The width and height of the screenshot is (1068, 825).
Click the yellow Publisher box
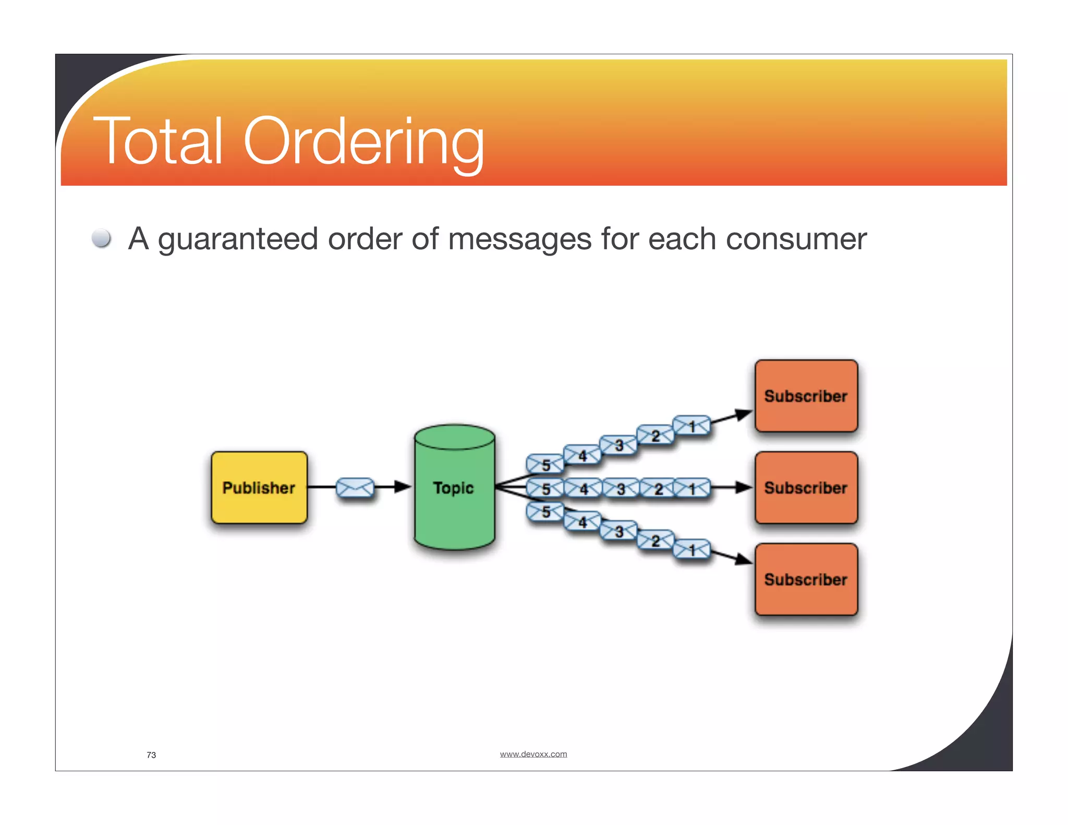click(259, 488)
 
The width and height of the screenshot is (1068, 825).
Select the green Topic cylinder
click(454, 488)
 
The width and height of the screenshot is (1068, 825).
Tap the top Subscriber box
click(806, 396)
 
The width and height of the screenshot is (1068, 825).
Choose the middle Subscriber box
click(806, 488)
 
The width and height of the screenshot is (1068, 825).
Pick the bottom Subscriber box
click(806, 579)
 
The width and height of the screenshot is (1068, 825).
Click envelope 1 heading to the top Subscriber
click(691, 426)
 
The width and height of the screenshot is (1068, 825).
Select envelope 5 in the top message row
click(545, 464)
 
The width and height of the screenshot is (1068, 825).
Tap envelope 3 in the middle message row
click(621, 489)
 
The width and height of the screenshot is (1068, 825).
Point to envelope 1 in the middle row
click(691, 489)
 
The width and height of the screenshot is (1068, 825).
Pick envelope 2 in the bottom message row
click(656, 540)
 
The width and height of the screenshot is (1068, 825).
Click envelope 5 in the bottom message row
click(545, 512)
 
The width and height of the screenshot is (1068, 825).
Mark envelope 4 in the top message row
click(582, 455)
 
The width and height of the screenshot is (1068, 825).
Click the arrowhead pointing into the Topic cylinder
click(403, 487)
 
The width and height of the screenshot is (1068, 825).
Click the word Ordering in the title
click(363, 141)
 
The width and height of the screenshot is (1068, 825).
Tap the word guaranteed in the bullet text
click(238, 239)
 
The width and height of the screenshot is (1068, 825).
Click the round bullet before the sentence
click(101, 238)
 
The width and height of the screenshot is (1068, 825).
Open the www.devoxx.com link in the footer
click(533, 754)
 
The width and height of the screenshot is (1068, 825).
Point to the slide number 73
click(151, 755)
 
